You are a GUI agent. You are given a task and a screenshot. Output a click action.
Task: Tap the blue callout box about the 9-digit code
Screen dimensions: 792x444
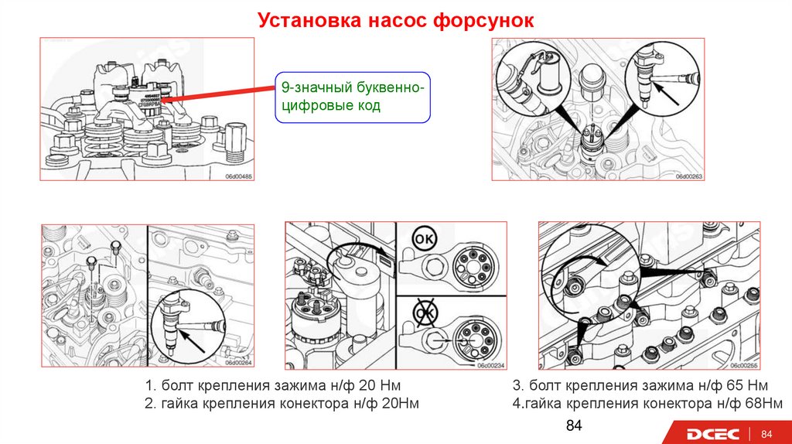coord(352,98)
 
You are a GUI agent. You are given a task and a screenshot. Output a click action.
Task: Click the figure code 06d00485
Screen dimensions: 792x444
coord(239,176)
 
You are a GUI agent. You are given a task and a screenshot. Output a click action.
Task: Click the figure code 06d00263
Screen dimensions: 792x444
coord(688,176)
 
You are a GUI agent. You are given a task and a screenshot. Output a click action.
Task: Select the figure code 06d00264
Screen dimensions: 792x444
coord(239,361)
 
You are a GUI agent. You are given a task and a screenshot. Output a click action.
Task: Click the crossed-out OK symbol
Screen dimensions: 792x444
coord(424,312)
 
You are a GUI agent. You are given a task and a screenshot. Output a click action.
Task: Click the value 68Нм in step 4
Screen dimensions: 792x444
coord(762,404)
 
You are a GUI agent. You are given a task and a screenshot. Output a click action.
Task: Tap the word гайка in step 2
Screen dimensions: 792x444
coord(179,404)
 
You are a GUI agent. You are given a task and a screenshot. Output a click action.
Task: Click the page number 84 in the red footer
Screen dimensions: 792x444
coord(767,433)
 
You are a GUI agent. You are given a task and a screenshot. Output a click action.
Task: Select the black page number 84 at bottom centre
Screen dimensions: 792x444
coord(573,426)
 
